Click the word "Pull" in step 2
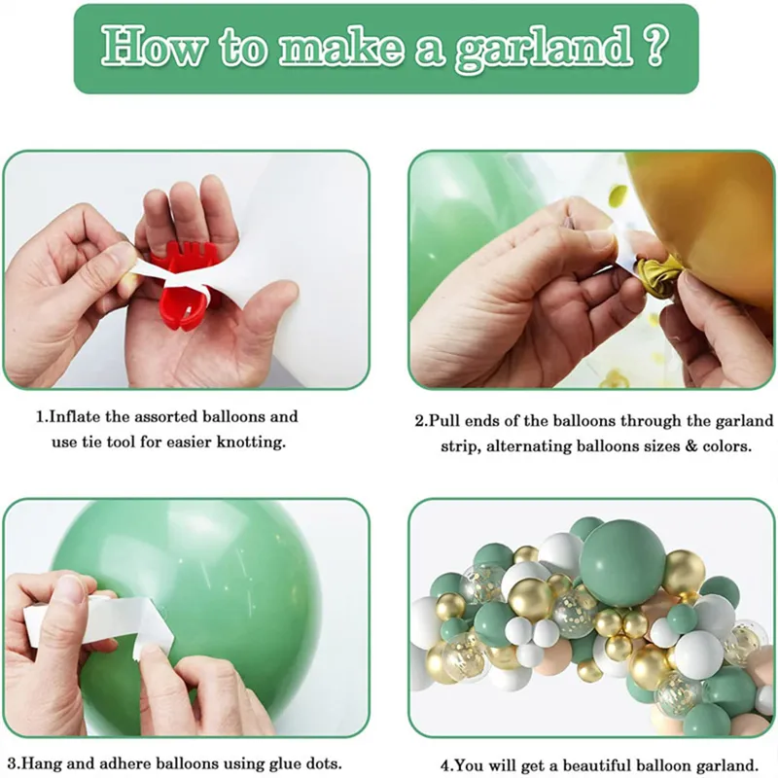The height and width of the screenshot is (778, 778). [x=444, y=422]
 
